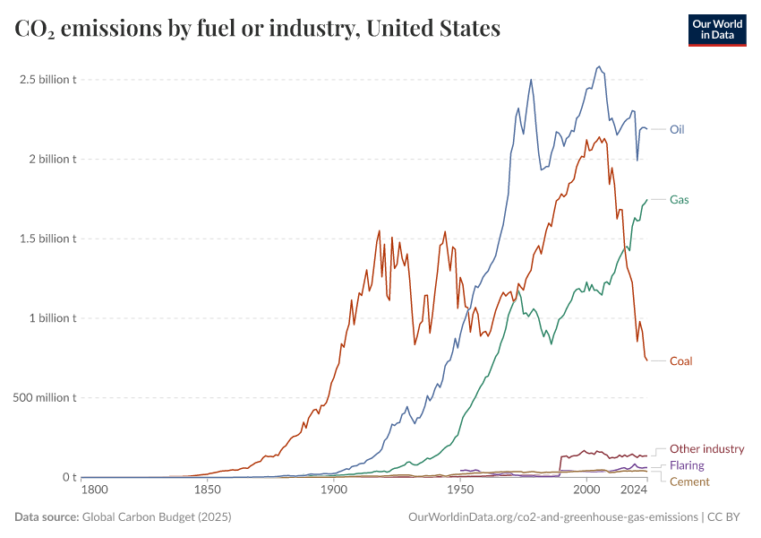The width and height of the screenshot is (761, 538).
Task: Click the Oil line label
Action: click(x=678, y=129)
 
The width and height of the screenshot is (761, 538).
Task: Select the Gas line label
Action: click(x=679, y=199)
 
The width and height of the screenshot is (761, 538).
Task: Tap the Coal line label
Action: click(x=680, y=361)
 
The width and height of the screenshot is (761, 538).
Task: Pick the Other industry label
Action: click(x=706, y=449)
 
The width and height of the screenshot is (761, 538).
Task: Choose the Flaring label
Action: click(x=687, y=465)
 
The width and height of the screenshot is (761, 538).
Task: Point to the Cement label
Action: click(x=689, y=482)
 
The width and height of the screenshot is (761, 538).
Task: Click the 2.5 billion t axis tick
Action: click(x=49, y=79)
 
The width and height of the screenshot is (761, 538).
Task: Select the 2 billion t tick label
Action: click(x=52, y=159)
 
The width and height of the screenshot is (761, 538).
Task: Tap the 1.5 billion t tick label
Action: click(x=49, y=239)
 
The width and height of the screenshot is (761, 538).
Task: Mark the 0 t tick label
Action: click(x=68, y=477)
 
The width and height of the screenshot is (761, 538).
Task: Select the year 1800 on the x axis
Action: click(x=94, y=490)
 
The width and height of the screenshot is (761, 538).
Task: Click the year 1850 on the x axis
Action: click(x=207, y=490)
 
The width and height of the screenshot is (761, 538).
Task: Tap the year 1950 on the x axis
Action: click(x=460, y=490)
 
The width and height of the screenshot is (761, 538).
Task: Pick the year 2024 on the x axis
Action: click(x=634, y=490)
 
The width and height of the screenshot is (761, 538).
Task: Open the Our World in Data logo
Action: click(x=717, y=30)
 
